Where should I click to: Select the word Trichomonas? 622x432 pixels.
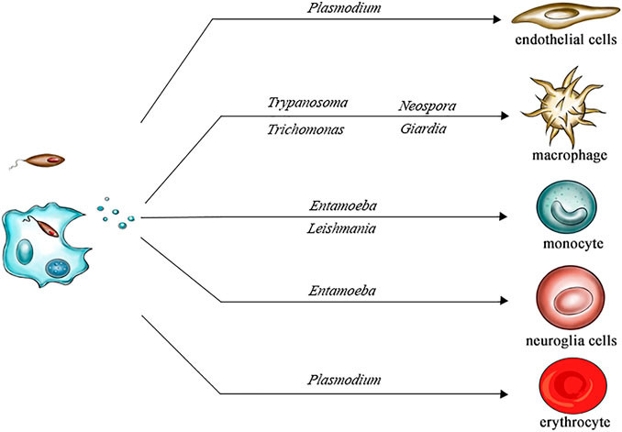[300, 129]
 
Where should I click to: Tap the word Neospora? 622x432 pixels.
[428, 105]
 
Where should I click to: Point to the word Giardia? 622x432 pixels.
[423, 129]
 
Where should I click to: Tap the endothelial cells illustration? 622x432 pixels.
[561, 18]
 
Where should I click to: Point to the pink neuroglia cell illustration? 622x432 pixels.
[561, 297]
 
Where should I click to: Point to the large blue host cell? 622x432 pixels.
[46, 245]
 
